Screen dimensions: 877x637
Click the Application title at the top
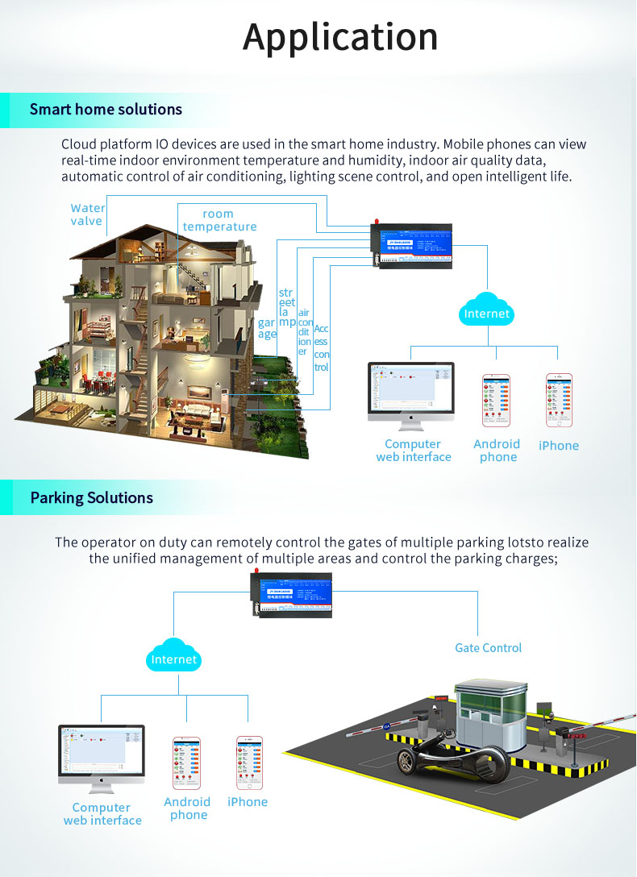(x=340, y=37)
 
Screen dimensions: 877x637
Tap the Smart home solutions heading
(x=106, y=110)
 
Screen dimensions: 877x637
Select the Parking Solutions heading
(x=91, y=497)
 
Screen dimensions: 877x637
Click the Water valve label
(x=87, y=214)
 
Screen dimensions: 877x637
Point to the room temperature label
(x=219, y=220)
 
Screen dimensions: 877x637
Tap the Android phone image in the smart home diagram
(x=497, y=400)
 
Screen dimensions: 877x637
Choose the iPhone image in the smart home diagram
(x=559, y=399)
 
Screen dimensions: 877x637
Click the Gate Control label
(x=488, y=648)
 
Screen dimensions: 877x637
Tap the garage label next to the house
(x=267, y=329)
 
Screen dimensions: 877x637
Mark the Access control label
(x=321, y=348)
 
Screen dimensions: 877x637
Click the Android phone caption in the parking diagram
(x=187, y=808)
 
